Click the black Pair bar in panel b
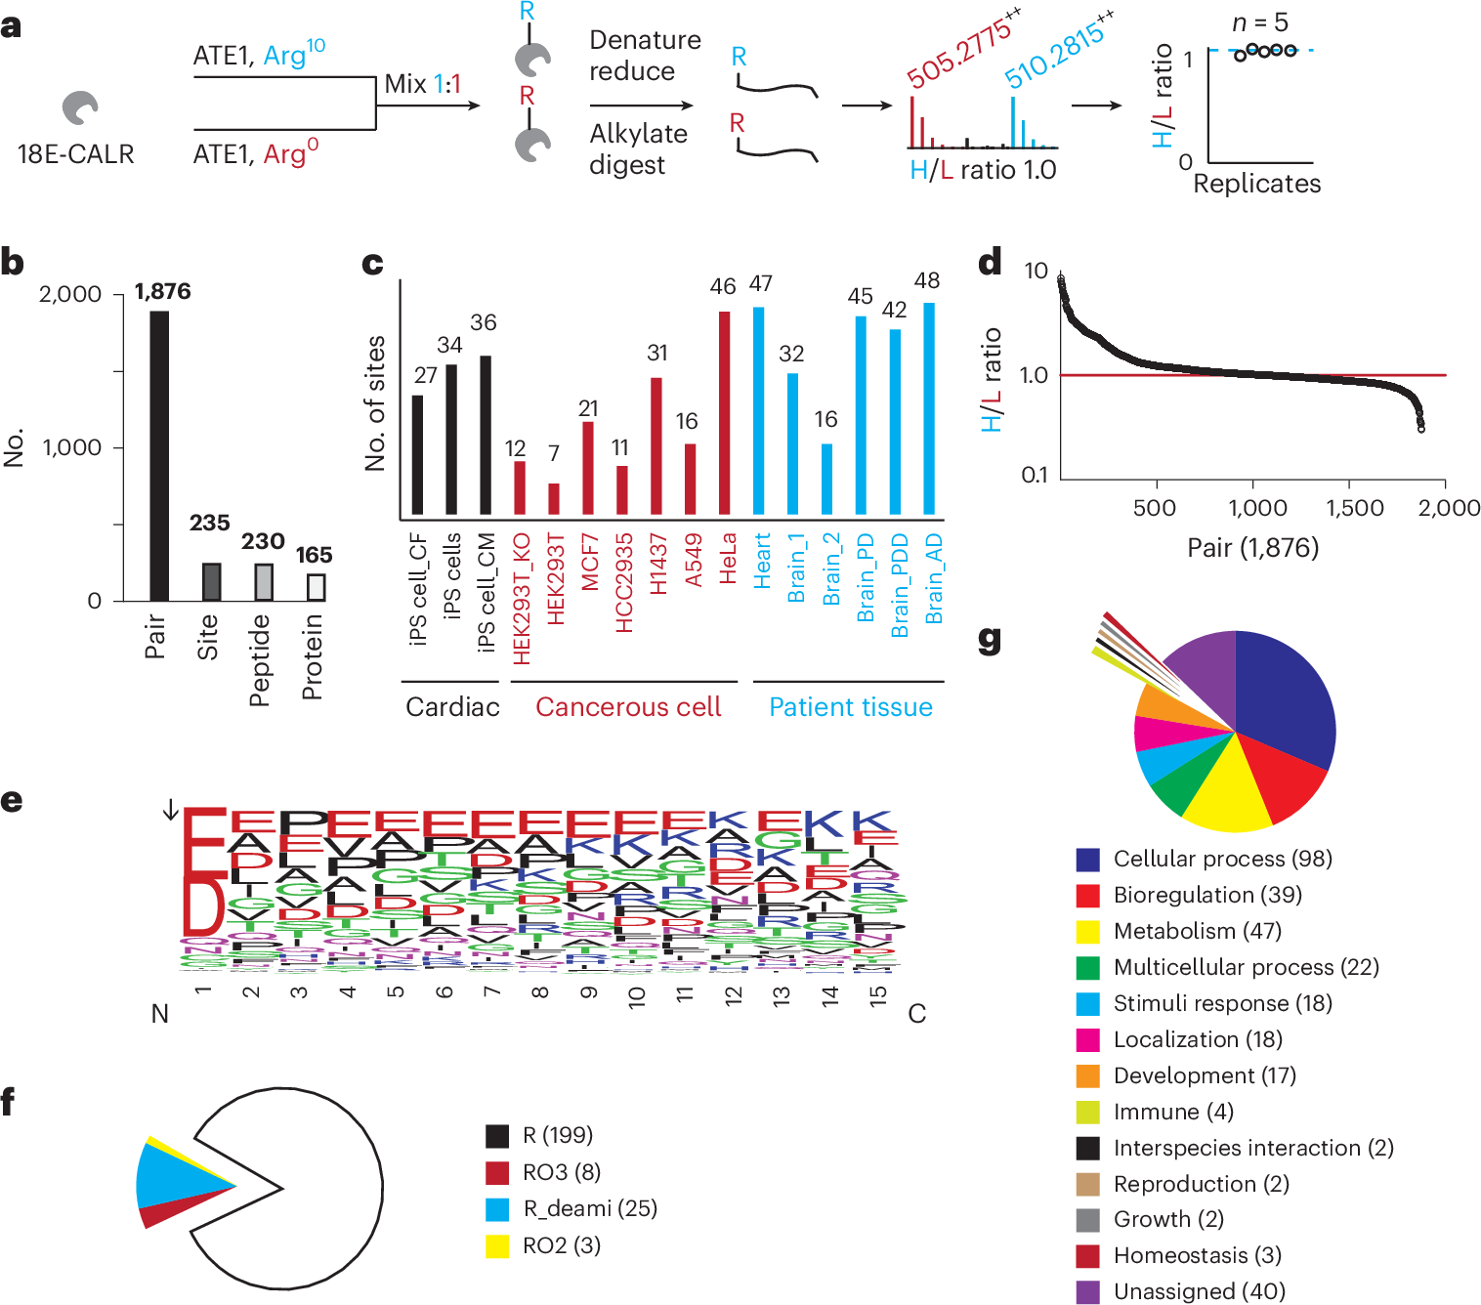(159, 455)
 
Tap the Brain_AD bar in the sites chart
(929, 408)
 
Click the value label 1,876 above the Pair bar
(162, 291)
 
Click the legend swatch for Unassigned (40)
(1087, 1291)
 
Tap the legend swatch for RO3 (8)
(497, 1172)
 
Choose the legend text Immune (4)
(1173, 1112)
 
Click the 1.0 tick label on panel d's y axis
(1034, 375)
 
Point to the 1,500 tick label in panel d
(1354, 508)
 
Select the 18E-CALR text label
(75, 154)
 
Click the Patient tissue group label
(850, 707)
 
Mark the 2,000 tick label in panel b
(69, 294)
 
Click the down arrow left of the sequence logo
(170, 810)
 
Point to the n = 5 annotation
(1259, 21)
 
